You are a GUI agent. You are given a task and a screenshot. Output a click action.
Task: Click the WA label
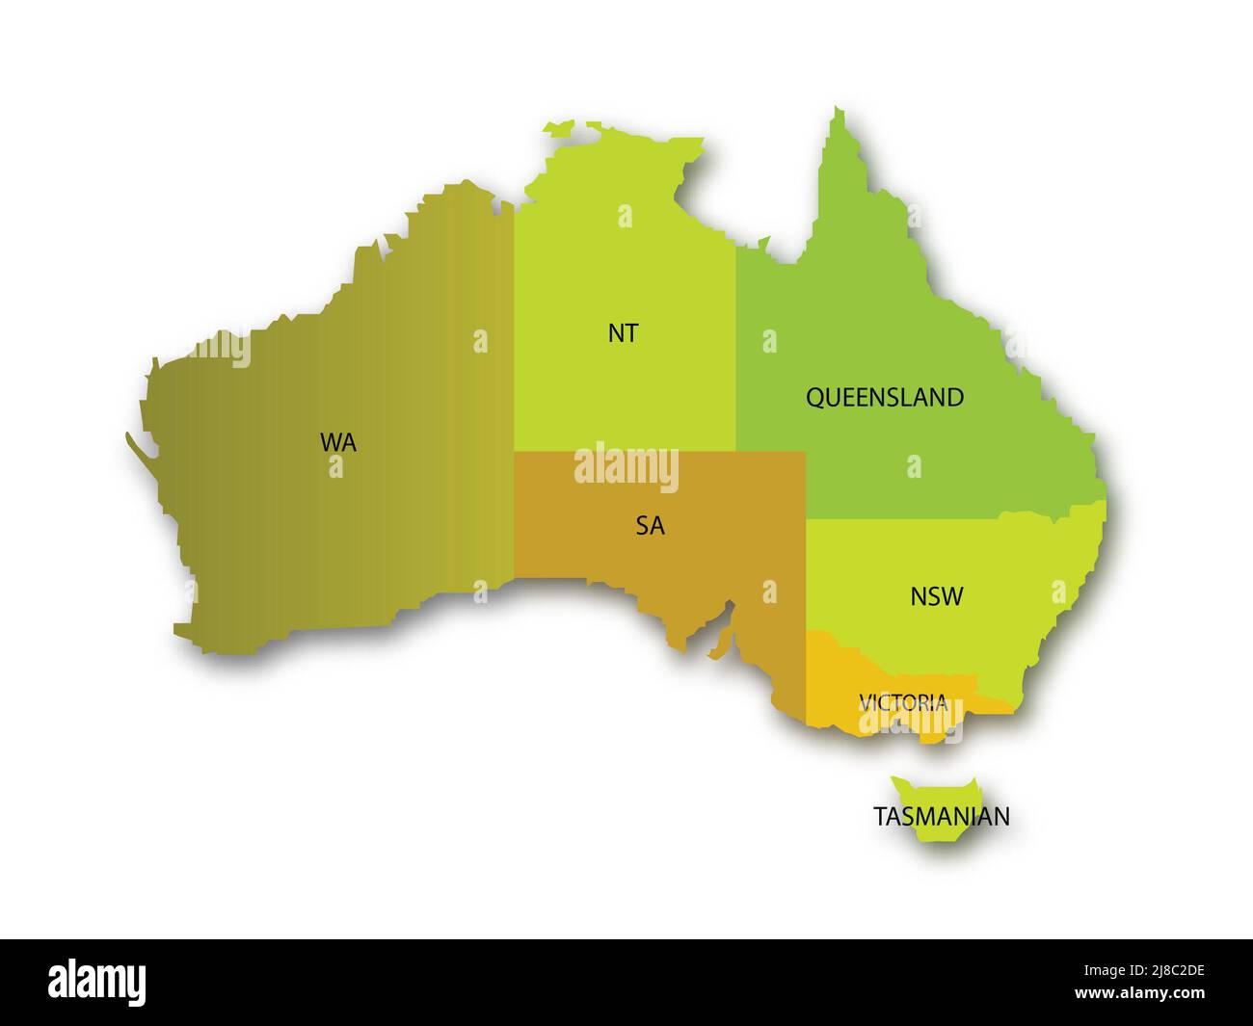click(338, 442)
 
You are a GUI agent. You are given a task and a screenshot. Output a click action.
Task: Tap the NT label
click(623, 333)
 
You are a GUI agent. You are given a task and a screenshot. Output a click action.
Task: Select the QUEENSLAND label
click(884, 397)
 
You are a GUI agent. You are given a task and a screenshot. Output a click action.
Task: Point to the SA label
click(650, 526)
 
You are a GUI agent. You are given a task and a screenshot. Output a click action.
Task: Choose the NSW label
click(936, 596)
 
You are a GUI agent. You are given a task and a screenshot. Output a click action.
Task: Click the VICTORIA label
click(903, 702)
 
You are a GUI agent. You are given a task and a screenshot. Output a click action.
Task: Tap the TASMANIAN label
click(942, 816)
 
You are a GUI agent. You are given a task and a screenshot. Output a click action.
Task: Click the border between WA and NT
click(513, 385)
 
